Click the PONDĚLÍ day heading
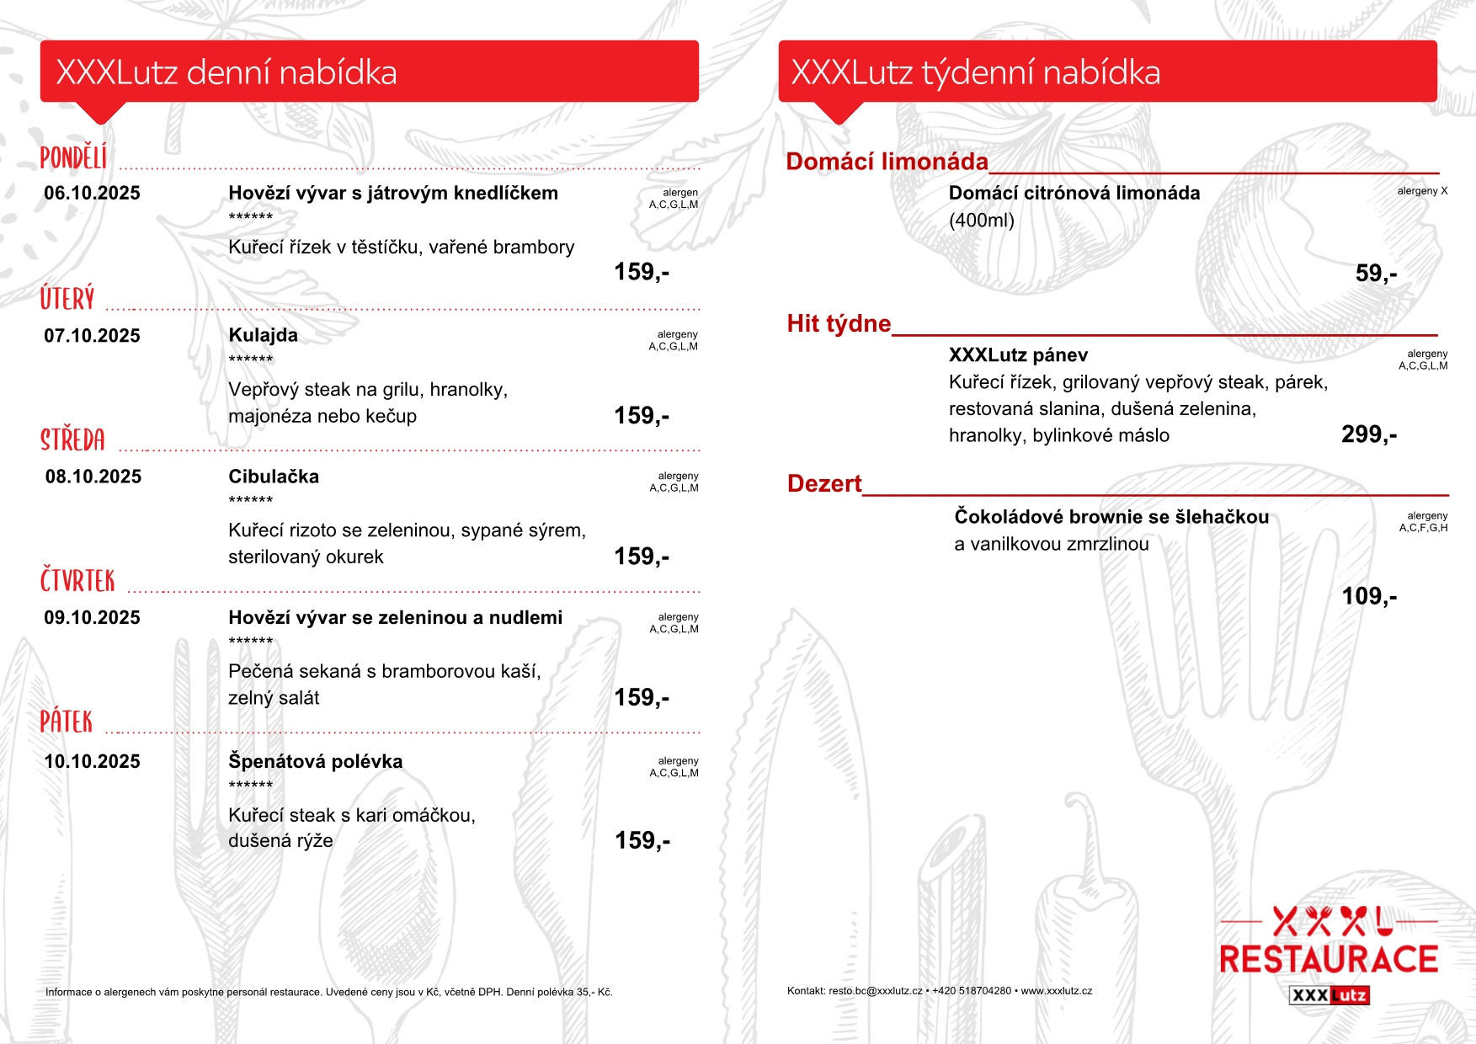(x=74, y=157)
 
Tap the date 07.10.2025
(x=92, y=336)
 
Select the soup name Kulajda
(x=263, y=335)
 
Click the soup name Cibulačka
(x=274, y=477)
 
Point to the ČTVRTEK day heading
(x=77, y=581)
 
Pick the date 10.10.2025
(x=92, y=762)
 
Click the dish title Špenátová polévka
(x=315, y=762)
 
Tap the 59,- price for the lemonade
(x=1376, y=274)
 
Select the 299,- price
(x=1369, y=434)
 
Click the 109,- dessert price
(x=1369, y=597)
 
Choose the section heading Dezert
(x=824, y=484)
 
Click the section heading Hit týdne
(x=839, y=324)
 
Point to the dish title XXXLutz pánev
(x=1018, y=355)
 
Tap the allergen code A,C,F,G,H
(x=1423, y=528)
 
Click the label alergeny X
(x=1422, y=191)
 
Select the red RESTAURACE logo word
(x=1329, y=960)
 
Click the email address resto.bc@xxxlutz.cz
(x=875, y=991)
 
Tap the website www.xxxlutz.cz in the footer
(x=1056, y=991)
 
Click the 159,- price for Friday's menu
(x=642, y=840)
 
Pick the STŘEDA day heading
(x=73, y=440)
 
